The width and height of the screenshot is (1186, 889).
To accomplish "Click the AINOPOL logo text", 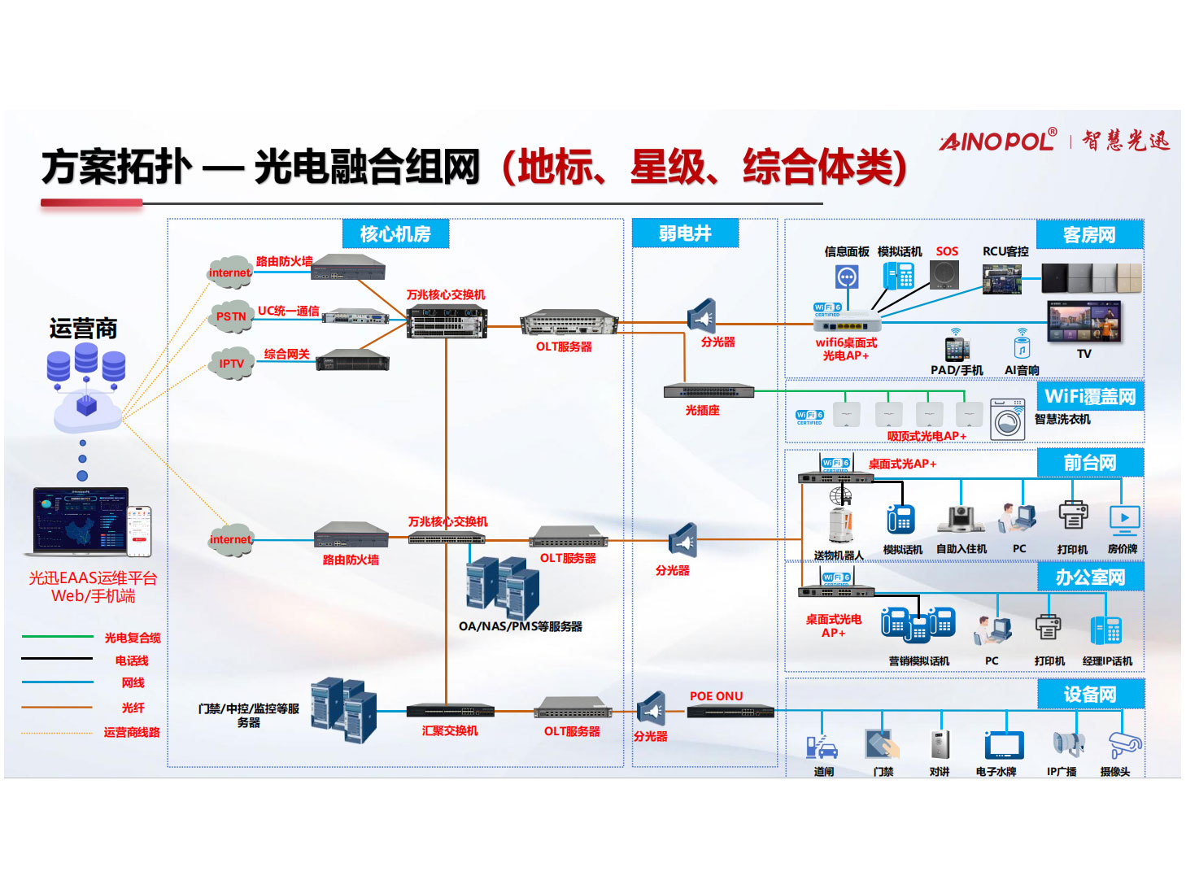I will pos(998,141).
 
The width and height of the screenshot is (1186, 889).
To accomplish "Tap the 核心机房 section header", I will pos(395,234).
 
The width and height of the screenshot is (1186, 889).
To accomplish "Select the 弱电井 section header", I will pos(685,233).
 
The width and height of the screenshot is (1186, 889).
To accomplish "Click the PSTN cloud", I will pos(230,316).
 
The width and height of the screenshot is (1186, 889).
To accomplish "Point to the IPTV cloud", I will pos(231,364).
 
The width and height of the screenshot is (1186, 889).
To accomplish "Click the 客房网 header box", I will pos(1089,235).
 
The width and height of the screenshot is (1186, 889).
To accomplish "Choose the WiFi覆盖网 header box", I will pos(1090,397).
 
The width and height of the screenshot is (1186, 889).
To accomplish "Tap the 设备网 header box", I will pos(1090,695).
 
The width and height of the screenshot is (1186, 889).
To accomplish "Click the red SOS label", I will pos(947,252).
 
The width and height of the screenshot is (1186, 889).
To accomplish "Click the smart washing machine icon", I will pos(1007,420).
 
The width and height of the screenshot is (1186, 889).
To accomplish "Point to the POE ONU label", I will pos(716,696).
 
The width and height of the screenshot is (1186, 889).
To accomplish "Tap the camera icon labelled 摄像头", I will pos(1124,743).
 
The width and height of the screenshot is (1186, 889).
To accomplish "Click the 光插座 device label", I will pos(702,411).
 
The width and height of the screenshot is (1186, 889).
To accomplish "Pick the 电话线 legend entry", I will pos(132,660).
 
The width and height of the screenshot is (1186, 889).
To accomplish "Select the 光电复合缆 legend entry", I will pos(132,638).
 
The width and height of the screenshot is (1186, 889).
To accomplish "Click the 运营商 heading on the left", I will pos(83,329).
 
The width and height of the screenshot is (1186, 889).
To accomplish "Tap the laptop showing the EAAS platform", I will pos(80,521).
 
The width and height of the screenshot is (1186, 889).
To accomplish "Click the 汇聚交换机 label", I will pos(450,731).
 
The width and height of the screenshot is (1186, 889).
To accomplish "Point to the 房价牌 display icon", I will pos(1124,518).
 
